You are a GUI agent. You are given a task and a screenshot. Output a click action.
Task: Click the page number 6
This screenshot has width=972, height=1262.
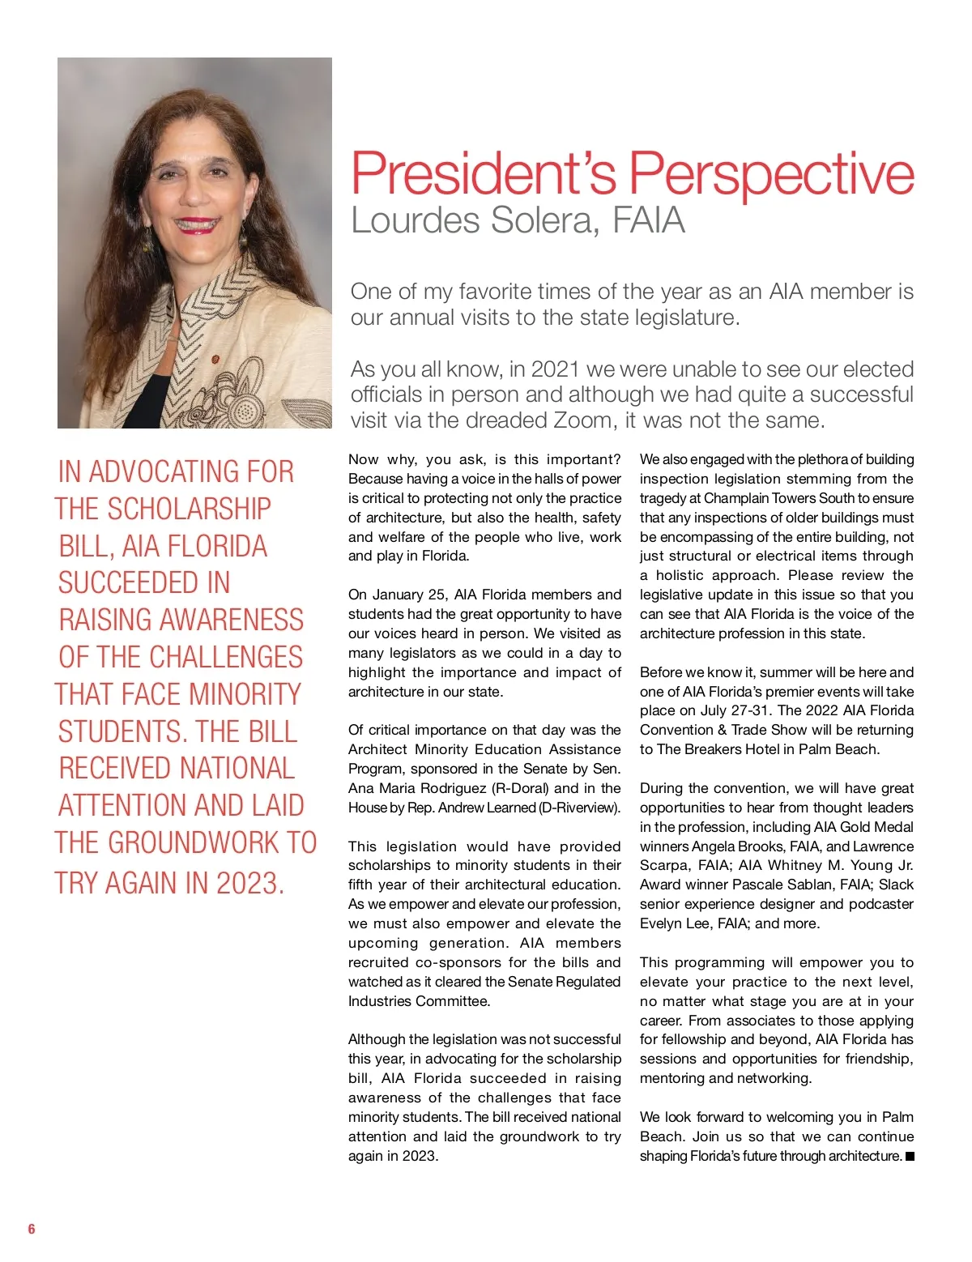tap(32, 1229)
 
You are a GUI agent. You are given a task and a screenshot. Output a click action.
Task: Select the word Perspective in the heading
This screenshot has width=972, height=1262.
tap(772, 174)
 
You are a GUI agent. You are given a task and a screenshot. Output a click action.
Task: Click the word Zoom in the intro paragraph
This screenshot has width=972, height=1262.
tap(582, 420)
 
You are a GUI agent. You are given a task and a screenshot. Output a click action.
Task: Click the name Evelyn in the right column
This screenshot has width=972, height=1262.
tap(659, 923)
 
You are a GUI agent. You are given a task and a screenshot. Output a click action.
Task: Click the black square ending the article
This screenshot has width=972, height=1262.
tap(910, 1157)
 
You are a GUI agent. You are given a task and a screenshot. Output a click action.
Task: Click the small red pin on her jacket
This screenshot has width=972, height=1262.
tap(215, 358)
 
